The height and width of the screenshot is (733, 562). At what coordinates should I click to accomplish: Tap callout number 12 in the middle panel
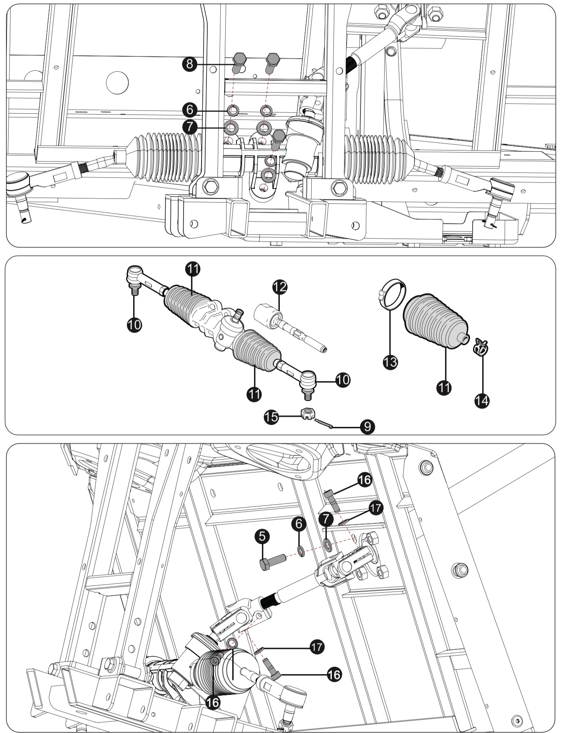[x=279, y=287]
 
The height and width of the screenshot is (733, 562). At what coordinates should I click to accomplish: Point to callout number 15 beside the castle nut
[x=271, y=417]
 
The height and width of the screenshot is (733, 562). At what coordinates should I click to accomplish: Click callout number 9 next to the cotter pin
[x=367, y=427]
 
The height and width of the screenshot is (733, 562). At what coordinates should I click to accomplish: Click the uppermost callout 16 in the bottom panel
[x=364, y=479]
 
